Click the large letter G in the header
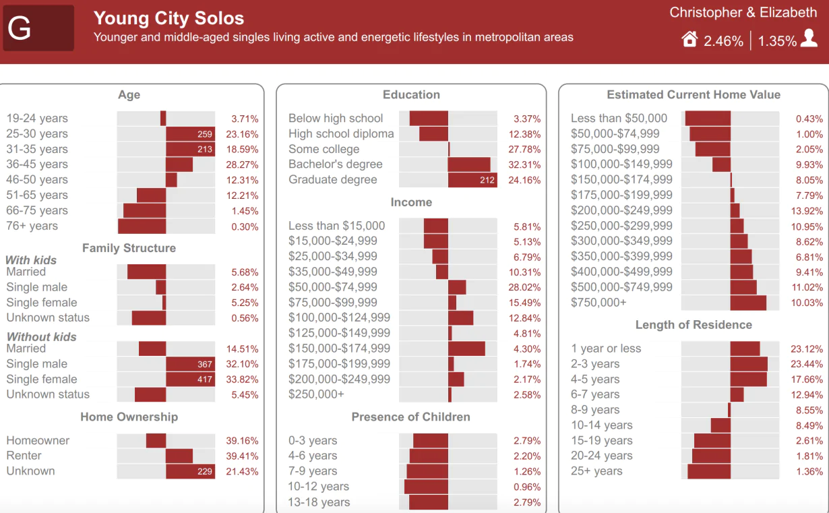click(x=20, y=28)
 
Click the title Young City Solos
click(x=168, y=18)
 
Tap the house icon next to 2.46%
click(x=689, y=40)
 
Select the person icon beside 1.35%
click(x=809, y=38)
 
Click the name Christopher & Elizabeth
click(x=743, y=13)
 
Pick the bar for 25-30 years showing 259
click(x=190, y=134)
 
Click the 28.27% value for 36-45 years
click(x=245, y=164)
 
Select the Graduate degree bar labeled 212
click(x=472, y=180)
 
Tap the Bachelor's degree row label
click(x=335, y=164)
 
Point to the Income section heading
click(x=411, y=202)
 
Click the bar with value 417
click(x=190, y=380)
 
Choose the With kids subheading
click(x=31, y=260)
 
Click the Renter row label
click(x=24, y=456)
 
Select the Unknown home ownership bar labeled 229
click(x=190, y=471)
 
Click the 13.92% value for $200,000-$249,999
click(x=809, y=211)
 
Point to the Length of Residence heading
click(x=694, y=325)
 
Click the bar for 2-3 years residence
click(x=748, y=364)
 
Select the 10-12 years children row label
click(x=319, y=487)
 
